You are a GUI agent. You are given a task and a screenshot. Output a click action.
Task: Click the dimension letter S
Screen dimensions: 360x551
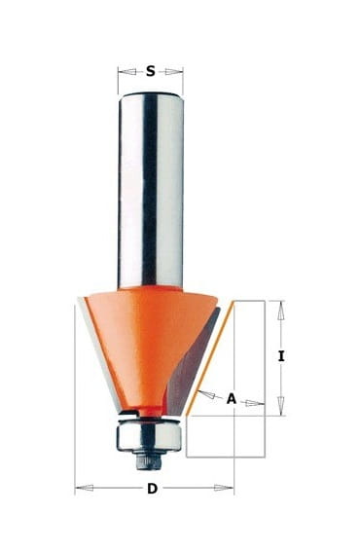click(x=150, y=71)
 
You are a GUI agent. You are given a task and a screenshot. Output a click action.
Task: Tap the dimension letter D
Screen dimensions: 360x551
click(x=152, y=489)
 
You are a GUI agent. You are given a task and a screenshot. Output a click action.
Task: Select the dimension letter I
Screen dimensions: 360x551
click(x=281, y=356)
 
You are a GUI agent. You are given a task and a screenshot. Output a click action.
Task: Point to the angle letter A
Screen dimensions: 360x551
click(x=232, y=398)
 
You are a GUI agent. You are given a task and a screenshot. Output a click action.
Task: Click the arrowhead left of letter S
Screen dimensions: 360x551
click(x=127, y=72)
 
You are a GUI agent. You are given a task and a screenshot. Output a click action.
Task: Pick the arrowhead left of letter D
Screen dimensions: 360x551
click(x=85, y=488)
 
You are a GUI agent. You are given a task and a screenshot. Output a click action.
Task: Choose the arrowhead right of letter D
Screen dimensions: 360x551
click(x=224, y=488)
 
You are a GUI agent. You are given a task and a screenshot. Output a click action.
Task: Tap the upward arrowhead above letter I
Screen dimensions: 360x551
click(x=280, y=311)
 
